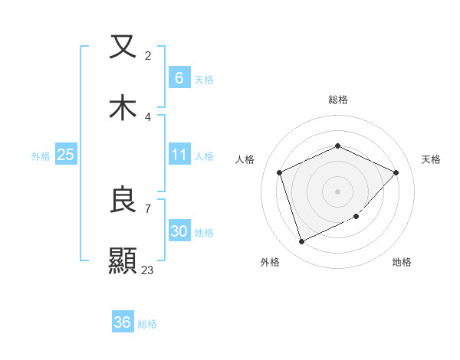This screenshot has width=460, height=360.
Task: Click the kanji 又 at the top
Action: pyautogui.click(x=123, y=47)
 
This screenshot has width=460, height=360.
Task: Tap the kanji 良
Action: pyautogui.click(x=123, y=201)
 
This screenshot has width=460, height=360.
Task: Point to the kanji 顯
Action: pyautogui.click(x=123, y=260)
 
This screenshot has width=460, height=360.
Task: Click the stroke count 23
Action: pyautogui.click(x=147, y=270)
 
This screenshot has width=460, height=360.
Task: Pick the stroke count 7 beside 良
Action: pyautogui.click(x=147, y=208)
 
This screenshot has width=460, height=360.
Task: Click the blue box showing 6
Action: pyautogui.click(x=179, y=77)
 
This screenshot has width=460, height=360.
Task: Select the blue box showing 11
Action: pyautogui.click(x=179, y=155)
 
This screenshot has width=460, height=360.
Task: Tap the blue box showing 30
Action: pyautogui.click(x=179, y=231)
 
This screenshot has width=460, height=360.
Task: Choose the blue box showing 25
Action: pyautogui.click(x=65, y=155)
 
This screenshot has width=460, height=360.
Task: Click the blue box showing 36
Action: pyautogui.click(x=122, y=322)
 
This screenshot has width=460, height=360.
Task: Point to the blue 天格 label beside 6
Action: pyautogui.click(x=203, y=79)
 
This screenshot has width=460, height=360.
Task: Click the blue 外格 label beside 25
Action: pyautogui.click(x=41, y=155)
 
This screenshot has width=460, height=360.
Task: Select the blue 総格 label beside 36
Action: pyautogui.click(x=147, y=324)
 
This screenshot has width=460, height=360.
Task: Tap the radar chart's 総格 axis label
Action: pyautogui.click(x=337, y=100)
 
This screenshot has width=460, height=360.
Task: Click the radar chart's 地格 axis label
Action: pyautogui.click(x=402, y=262)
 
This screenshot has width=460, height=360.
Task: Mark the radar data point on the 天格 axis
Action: pyautogui.click(x=396, y=172)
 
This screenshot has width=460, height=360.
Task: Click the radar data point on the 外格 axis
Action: pyautogui.click(x=301, y=242)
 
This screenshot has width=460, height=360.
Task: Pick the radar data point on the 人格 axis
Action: pyautogui.click(x=280, y=172)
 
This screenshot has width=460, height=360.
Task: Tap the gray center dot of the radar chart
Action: pyautogui.click(x=337, y=191)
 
